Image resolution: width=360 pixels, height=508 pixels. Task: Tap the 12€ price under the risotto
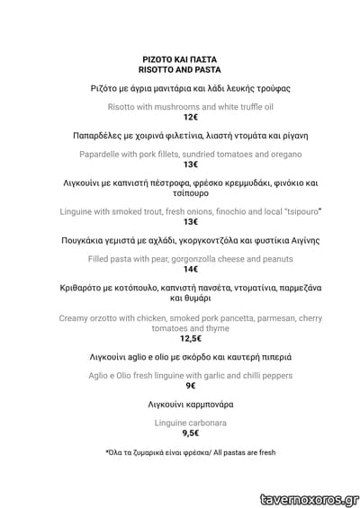coord(190,118)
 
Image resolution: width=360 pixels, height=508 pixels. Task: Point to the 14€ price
coord(190,269)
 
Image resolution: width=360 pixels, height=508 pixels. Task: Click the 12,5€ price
coord(190,339)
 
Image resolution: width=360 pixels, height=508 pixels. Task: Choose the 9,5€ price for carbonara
coord(190,432)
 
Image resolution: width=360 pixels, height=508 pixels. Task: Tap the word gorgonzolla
coord(196,257)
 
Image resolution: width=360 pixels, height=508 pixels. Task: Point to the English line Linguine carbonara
coord(190,422)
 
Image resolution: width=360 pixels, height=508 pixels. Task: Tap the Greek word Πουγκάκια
coord(87,241)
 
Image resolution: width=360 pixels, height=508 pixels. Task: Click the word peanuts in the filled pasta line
coord(273,257)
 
